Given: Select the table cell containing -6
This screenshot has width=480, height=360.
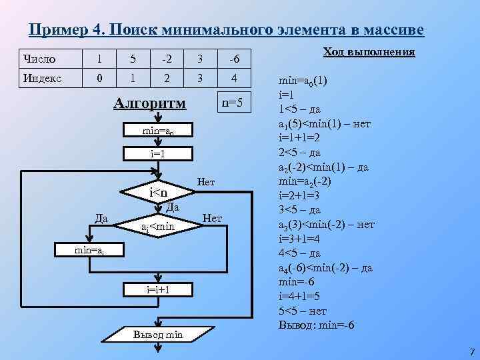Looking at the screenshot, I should pos(233,60).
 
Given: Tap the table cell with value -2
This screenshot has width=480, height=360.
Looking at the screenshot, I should pos(167,60).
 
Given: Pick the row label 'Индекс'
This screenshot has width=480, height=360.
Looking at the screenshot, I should pos(41,79).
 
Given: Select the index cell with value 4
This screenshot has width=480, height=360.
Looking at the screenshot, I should pos(233,79).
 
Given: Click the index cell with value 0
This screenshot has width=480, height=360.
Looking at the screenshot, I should pos(99,79).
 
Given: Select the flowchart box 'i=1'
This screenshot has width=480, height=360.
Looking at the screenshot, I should pos(158,154).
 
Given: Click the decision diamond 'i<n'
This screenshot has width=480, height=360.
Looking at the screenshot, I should pos(158,193).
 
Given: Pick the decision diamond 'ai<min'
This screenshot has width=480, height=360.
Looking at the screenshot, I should pos(158,228).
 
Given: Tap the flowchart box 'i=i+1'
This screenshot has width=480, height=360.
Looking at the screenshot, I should pos(158,290).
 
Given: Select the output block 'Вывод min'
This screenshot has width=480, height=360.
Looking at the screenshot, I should pos(158,333).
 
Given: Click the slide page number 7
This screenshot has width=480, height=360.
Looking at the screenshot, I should pos(471,351).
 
